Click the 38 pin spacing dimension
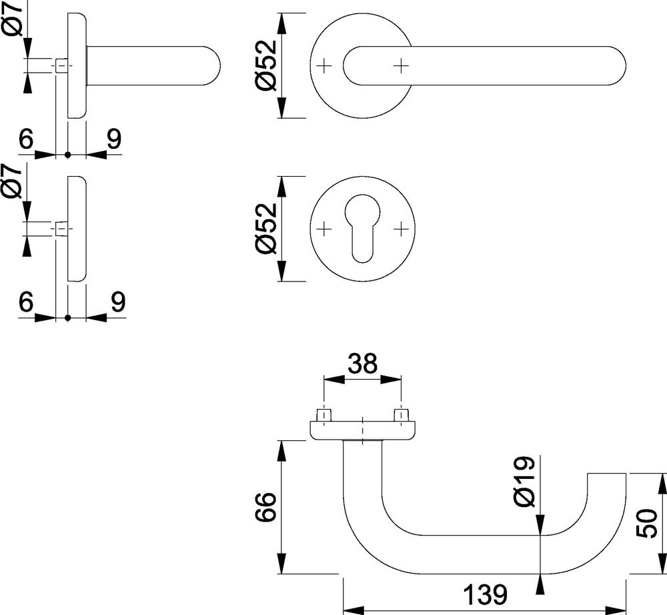pos(362,364)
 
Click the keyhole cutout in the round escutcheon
pos(362,231)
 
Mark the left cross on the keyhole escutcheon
pos(323,229)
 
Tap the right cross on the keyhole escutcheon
pos(400,229)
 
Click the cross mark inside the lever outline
pos(400,65)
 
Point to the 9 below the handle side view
pos(113,139)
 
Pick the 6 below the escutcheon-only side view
pos(26,302)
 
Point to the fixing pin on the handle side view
pos(60,65)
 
